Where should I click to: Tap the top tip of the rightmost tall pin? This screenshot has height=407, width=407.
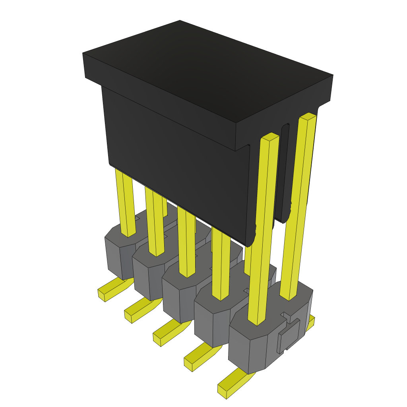coord(308,116)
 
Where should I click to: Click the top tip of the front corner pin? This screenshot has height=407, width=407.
coord(270,136)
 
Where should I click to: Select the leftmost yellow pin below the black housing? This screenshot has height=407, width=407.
coord(125,203)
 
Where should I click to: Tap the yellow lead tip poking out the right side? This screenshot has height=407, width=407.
coord(310,323)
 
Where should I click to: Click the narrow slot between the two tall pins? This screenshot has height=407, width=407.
coord(284,171)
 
